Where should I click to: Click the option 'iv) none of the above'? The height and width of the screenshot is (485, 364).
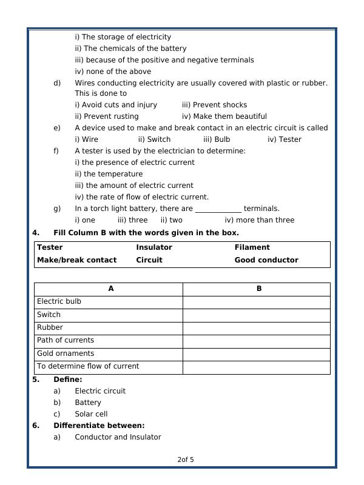(x=113, y=72)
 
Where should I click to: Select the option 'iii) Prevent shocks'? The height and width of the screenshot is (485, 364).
(x=214, y=105)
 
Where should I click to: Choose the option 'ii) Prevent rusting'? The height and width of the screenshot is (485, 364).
(x=107, y=116)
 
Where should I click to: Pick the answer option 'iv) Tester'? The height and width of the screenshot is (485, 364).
(x=284, y=139)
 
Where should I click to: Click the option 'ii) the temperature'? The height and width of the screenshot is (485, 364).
(x=109, y=174)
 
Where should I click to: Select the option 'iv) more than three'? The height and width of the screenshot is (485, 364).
(x=259, y=220)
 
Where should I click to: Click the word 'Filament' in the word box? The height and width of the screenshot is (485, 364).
(x=252, y=247)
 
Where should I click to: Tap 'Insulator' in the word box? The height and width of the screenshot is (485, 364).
(x=154, y=247)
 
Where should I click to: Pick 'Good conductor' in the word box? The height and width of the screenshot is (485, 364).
(x=266, y=260)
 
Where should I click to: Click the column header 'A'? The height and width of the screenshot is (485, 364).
(x=111, y=289)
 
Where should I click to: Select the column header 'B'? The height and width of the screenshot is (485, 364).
(x=259, y=289)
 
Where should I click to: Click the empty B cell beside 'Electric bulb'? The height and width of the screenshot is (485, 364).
(x=256, y=302)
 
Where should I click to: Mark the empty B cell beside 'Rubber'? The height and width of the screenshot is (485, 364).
(x=256, y=328)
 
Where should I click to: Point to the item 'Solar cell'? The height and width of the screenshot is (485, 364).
(x=91, y=414)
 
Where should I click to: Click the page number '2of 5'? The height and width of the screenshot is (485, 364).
(x=186, y=460)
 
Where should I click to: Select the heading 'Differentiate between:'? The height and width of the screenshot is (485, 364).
(x=99, y=426)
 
